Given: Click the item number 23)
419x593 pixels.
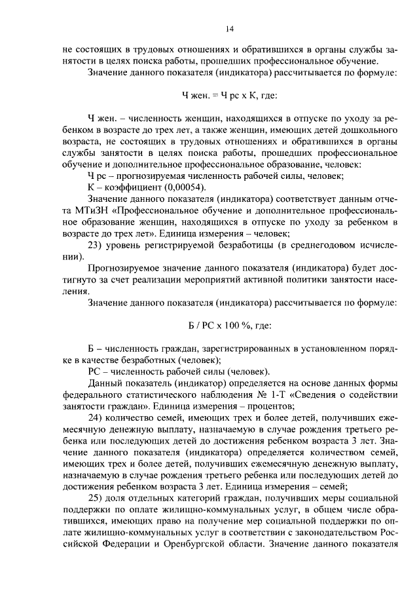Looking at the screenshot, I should point(98,245).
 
